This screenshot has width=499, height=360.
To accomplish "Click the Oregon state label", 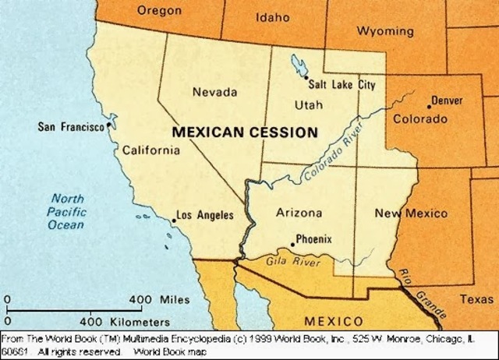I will pyautogui.click(x=159, y=11).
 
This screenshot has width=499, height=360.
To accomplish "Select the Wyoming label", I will pyautogui.click(x=385, y=31).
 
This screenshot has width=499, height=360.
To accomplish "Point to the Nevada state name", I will pyautogui.click(x=214, y=92).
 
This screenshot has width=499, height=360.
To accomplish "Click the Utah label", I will pyautogui.click(x=308, y=104).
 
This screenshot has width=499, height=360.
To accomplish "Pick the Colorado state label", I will pyautogui.click(x=419, y=119).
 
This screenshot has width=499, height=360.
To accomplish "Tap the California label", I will pyautogui.click(x=150, y=150).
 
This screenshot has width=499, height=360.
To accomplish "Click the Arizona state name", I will pyautogui.click(x=300, y=212).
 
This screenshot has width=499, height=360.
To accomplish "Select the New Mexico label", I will pyautogui.click(x=411, y=214).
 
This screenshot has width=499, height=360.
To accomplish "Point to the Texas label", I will pyautogui.click(x=476, y=299).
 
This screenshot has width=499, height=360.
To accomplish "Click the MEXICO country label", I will pyautogui.click(x=333, y=321).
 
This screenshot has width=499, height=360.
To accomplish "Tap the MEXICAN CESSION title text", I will pyautogui.click(x=244, y=132).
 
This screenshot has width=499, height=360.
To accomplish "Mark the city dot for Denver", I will pyautogui.click(x=428, y=106).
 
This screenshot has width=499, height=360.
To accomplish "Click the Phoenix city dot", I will pyautogui.click(x=292, y=244).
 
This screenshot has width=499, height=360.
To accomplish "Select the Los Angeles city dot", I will pyautogui.click(x=173, y=221).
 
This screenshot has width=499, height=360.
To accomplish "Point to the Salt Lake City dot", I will pyautogui.click(x=304, y=76).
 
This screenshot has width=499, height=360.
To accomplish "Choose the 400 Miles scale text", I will pyautogui.click(x=159, y=299).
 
